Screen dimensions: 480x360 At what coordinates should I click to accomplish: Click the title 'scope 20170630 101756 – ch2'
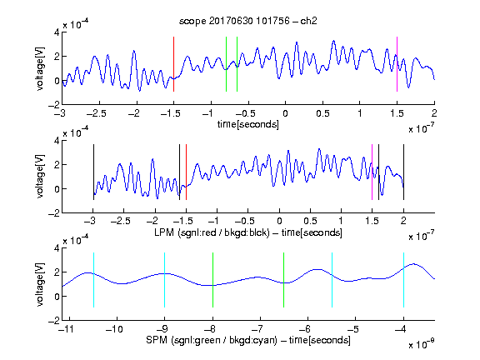[248, 21]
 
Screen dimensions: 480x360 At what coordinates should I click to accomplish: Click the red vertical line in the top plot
[174, 64]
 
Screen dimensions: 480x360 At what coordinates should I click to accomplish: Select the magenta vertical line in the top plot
[397, 64]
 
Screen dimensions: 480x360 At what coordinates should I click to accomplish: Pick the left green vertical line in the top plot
[226, 64]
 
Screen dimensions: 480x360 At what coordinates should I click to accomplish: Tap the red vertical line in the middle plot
[186, 172]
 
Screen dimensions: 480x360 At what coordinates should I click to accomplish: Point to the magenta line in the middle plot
[372, 172]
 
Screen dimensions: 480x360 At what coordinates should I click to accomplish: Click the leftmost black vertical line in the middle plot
[93, 172]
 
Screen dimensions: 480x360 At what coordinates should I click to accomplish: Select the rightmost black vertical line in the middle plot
[404, 172]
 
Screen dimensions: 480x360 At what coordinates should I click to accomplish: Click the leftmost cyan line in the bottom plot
[93, 280]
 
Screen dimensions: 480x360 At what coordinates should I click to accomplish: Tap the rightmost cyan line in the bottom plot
[404, 280]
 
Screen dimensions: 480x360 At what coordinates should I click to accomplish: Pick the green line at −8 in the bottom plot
[212, 280]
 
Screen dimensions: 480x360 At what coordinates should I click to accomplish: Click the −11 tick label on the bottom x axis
[66, 329]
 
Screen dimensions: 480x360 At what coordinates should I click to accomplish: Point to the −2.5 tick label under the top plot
[97, 113]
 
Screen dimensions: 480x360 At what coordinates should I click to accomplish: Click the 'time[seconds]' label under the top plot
[248, 124]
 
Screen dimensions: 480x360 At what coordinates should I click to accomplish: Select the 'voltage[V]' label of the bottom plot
[40, 284]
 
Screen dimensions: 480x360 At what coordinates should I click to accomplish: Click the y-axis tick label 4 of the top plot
[57, 32]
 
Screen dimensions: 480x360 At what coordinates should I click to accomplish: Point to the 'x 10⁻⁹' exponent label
[422, 344]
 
